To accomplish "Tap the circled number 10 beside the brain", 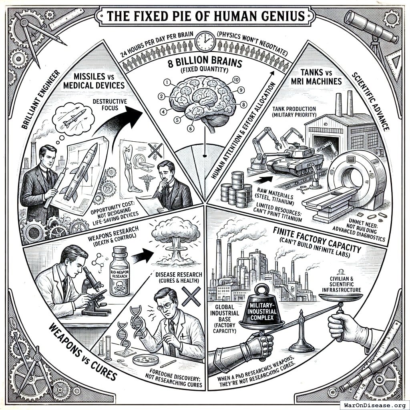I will pyautogui.click(x=235, y=79).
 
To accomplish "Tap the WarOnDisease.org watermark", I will pyautogui.click(x=374, y=404).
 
